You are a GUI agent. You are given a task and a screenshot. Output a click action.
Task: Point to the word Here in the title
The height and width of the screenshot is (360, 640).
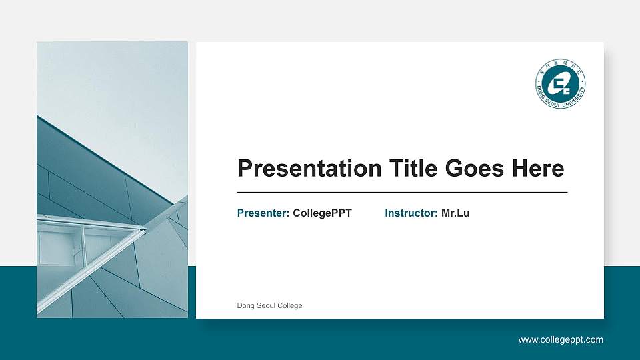click(x=538, y=169)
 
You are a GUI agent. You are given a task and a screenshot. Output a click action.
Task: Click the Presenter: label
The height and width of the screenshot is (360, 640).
click(x=263, y=213)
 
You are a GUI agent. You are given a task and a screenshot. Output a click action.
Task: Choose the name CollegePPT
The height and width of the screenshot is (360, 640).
click(x=322, y=213)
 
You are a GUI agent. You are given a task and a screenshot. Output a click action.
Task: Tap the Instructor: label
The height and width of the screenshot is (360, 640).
click(x=411, y=213)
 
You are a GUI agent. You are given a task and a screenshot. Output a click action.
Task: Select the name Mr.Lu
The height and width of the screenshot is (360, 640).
click(x=455, y=213)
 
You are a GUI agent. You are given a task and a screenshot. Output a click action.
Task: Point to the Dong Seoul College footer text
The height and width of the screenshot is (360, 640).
click(x=269, y=306)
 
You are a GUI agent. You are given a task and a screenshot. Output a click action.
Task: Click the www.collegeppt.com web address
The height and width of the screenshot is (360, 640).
click(x=561, y=340)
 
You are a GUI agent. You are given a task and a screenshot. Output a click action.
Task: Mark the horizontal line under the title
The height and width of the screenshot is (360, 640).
click(x=402, y=192)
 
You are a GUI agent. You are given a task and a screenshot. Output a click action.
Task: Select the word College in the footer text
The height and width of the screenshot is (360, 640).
click(x=290, y=306)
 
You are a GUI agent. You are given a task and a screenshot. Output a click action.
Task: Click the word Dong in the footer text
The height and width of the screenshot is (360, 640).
click(x=245, y=306)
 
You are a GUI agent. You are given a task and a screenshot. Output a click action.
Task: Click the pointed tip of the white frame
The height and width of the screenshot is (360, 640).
click(x=145, y=230)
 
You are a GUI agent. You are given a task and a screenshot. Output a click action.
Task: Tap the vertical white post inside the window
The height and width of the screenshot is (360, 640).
click(x=83, y=243)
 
